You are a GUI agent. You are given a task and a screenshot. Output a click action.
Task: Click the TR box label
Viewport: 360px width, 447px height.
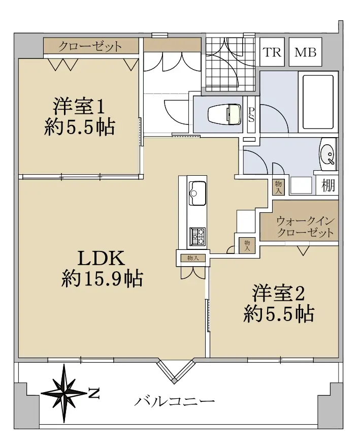point(272,52)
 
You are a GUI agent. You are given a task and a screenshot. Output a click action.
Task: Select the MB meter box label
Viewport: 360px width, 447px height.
point(305,52)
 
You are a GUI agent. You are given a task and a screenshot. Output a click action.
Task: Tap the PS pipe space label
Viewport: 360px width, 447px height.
point(251,115)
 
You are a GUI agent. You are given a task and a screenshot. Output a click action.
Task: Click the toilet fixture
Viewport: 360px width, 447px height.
point(224,114)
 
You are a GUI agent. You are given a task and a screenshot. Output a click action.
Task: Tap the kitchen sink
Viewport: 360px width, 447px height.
point(198,193)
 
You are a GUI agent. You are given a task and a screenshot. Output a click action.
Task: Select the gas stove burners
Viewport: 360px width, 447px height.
point(198,236)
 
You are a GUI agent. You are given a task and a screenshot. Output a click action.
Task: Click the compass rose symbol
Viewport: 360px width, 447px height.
point(63,393)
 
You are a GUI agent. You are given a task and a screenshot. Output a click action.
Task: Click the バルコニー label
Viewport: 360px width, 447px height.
point(175,402)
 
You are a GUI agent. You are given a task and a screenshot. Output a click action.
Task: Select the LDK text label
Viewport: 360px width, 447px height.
point(102,259)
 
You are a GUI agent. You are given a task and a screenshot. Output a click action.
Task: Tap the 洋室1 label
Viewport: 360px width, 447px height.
point(79,106)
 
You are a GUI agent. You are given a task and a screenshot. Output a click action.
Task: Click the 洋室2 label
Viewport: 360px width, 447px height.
point(278,294)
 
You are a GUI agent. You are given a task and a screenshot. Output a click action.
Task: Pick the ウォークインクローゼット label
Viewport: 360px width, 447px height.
point(305,227)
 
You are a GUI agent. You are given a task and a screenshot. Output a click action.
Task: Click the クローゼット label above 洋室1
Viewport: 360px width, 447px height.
point(90,46)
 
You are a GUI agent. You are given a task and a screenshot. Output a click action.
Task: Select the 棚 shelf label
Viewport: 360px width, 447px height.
point(328,186)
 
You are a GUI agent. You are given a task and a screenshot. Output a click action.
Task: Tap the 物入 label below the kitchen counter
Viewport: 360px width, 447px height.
point(193,258)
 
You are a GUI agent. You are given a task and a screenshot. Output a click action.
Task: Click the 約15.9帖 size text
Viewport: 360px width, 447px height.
point(102,278)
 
